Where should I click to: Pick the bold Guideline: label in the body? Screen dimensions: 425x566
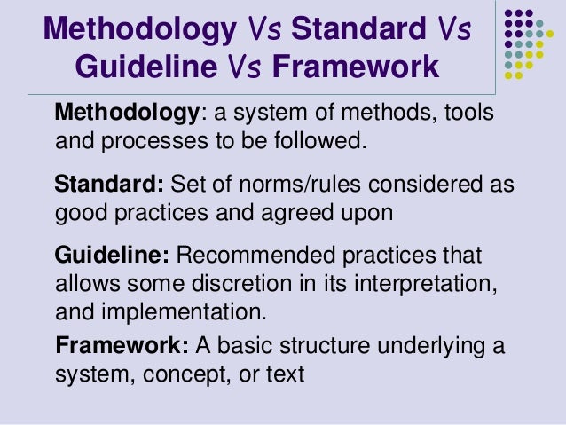click(112, 256)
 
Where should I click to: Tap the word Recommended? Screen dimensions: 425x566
click(256, 256)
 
